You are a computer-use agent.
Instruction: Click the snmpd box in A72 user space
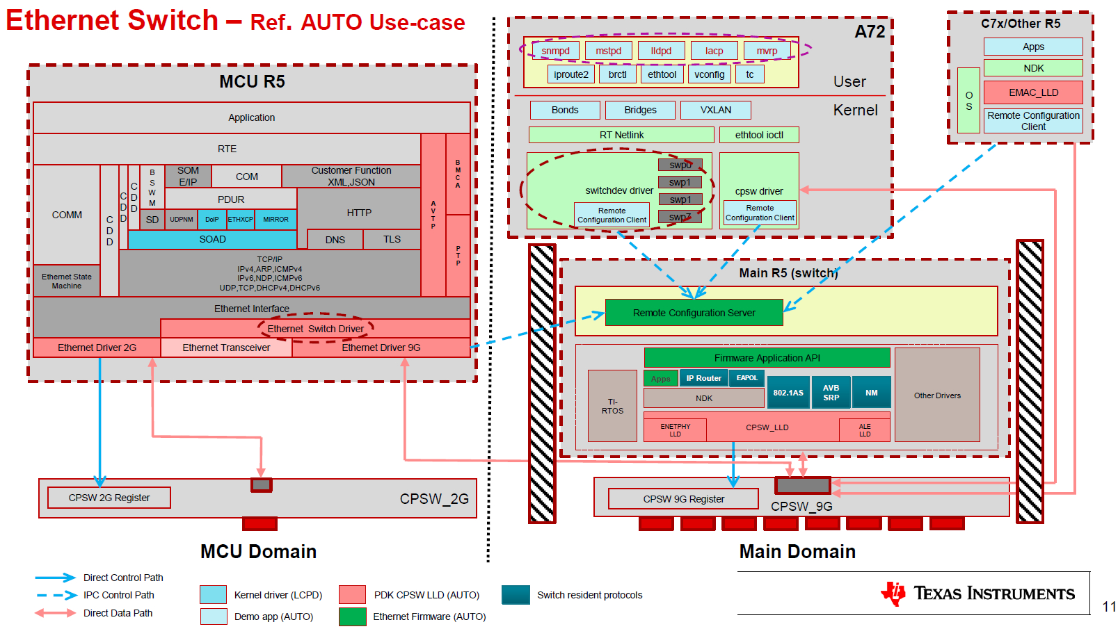tap(555, 51)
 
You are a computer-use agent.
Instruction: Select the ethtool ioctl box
tap(758, 135)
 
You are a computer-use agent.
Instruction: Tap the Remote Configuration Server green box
tap(694, 313)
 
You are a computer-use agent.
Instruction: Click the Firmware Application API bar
tap(767, 358)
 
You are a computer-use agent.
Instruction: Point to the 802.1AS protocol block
tap(788, 393)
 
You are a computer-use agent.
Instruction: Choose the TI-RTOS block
tap(612, 406)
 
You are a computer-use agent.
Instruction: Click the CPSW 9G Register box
tap(683, 499)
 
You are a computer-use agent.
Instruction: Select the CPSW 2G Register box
tap(109, 498)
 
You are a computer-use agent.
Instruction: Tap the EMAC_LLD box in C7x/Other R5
tap(1033, 92)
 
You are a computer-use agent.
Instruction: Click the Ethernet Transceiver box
tap(226, 348)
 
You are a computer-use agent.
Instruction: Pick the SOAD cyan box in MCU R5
tap(212, 239)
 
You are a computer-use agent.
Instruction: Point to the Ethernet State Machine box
tap(67, 281)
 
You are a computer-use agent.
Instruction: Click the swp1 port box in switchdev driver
tap(680, 182)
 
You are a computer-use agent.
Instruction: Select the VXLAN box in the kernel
tap(715, 110)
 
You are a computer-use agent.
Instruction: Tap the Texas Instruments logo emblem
tap(893, 593)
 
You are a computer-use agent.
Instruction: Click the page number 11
tap(1109, 607)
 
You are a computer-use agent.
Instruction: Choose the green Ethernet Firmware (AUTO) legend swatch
tap(352, 616)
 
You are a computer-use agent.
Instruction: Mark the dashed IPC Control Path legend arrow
tap(56, 595)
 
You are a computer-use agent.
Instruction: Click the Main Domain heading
tap(797, 552)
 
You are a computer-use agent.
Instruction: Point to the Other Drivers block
tap(937, 395)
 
